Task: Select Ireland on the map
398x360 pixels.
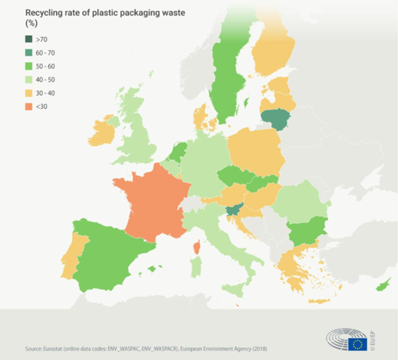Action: [x=102, y=133]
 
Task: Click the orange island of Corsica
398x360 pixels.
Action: [x=195, y=248]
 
